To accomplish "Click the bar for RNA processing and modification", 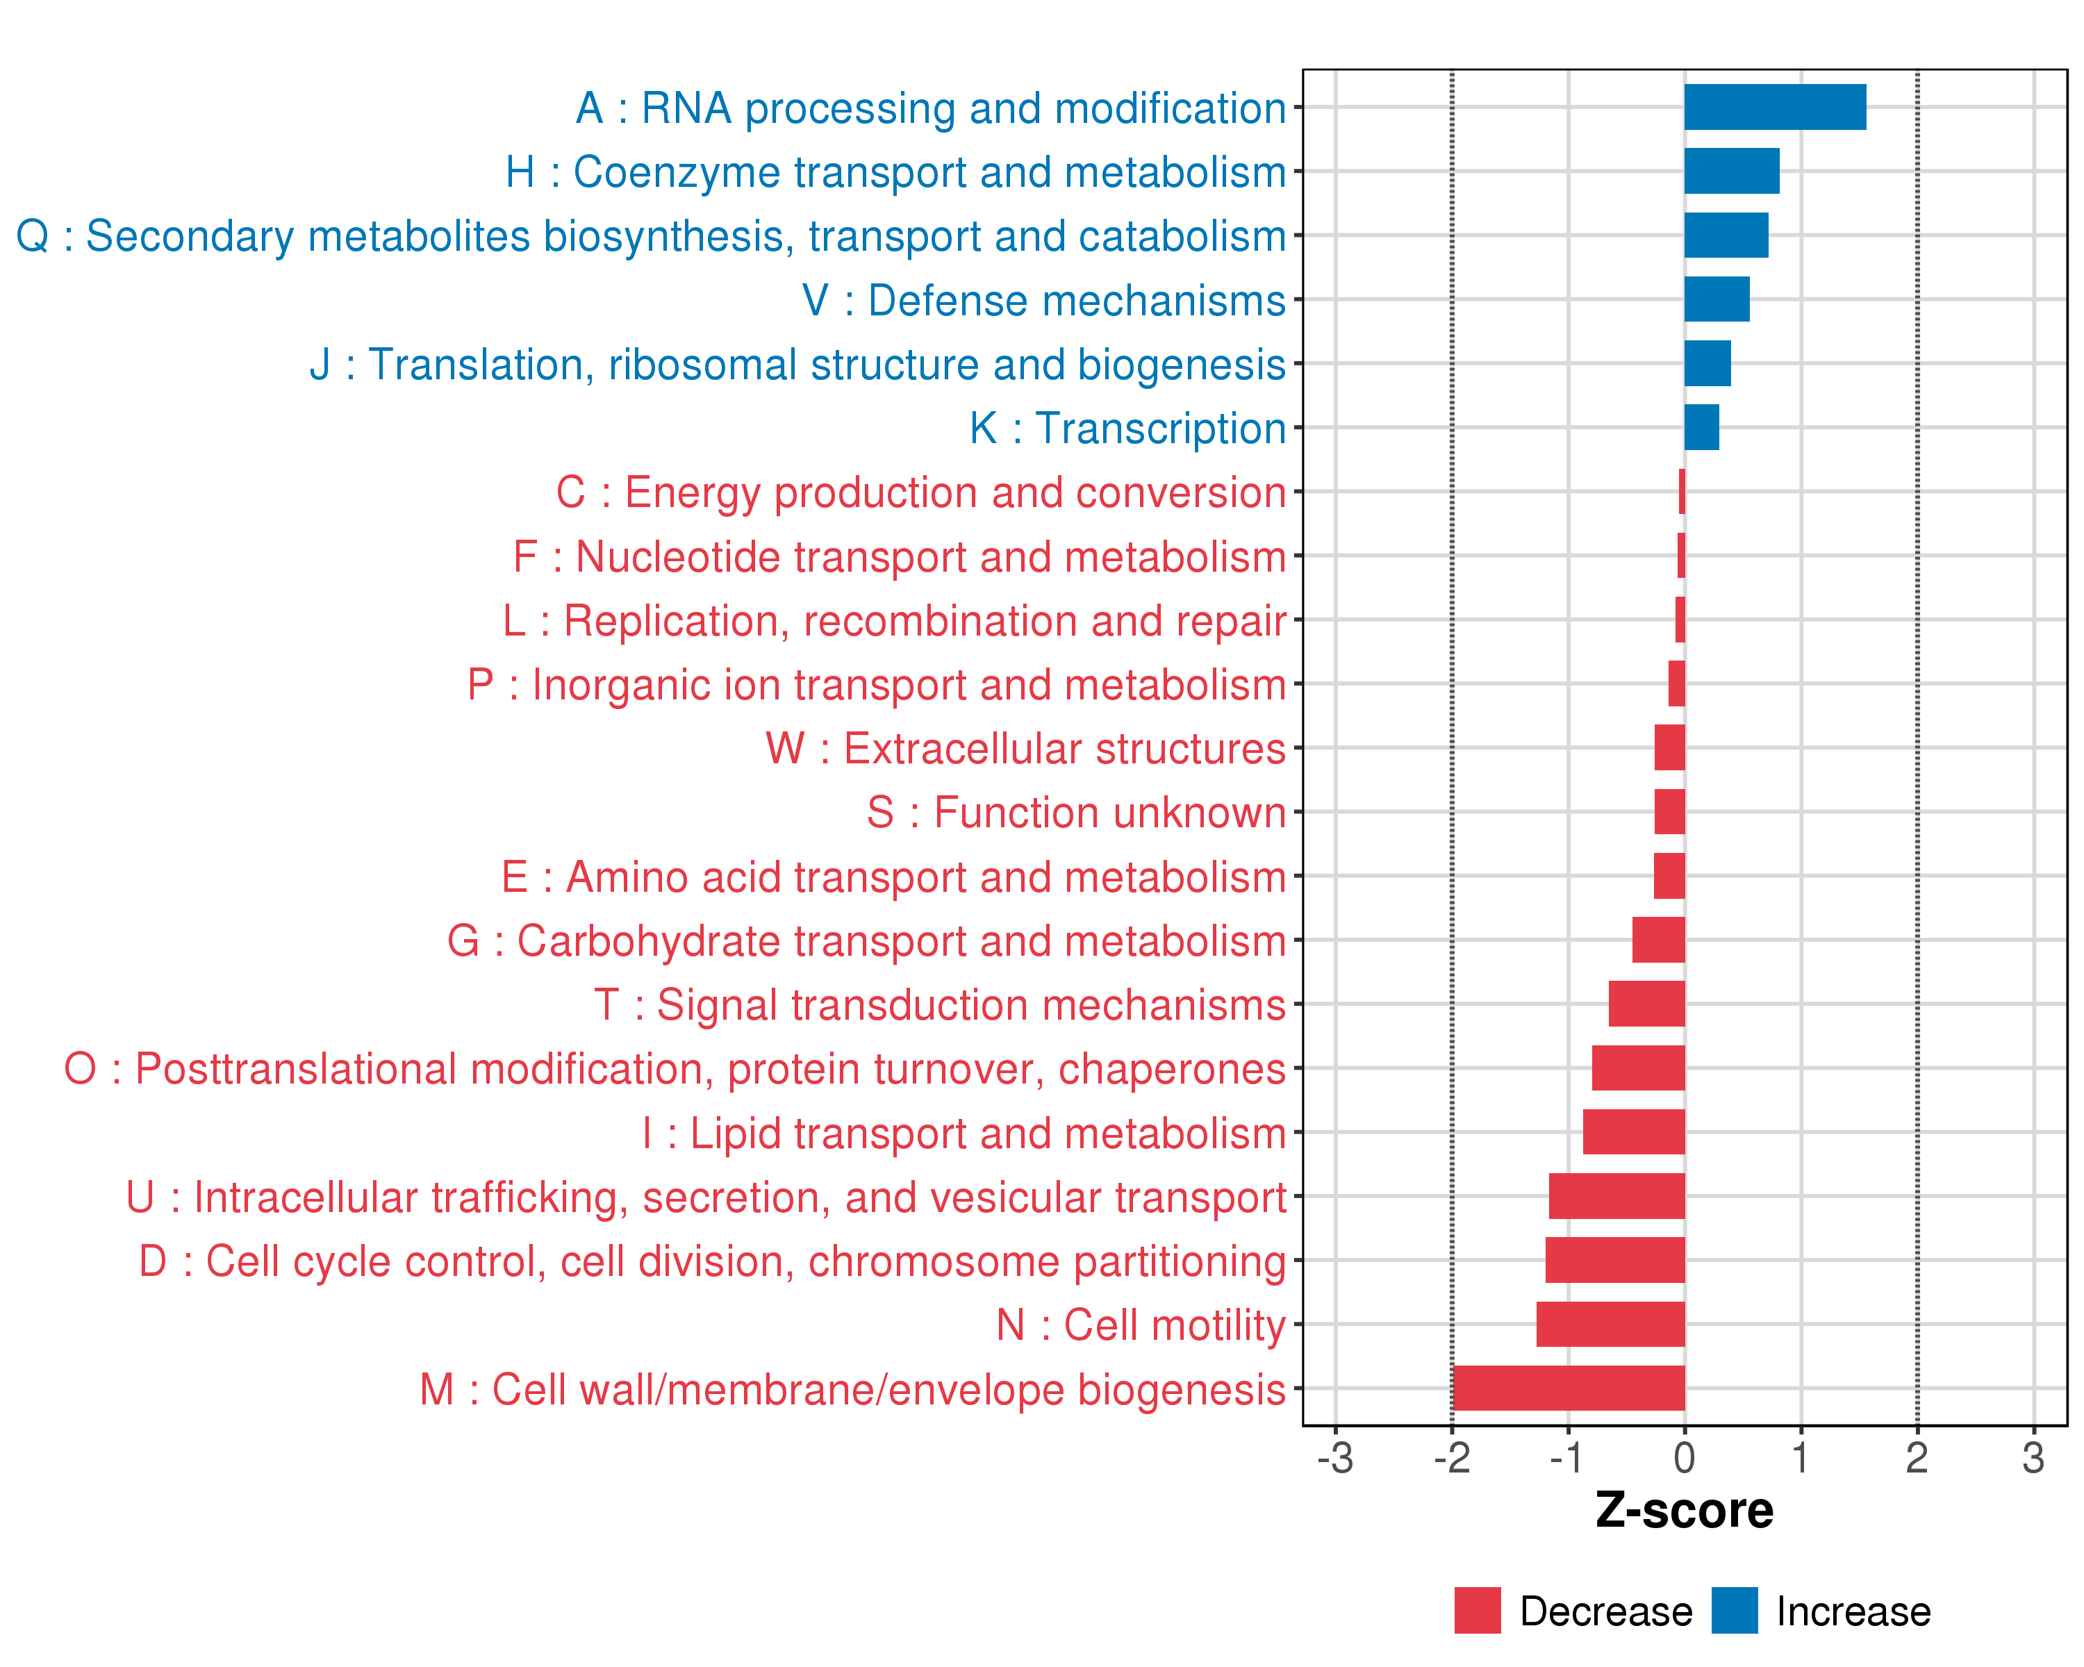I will pos(1775,107).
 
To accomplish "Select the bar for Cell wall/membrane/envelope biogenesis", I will pos(1568,1388).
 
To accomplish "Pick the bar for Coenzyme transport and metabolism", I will pos(1731,171).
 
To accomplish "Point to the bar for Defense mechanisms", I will pos(1717,299).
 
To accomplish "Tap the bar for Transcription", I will pos(1701,427).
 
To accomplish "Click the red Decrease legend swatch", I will pos(1477,1610).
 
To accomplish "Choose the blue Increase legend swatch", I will pos(1734,1610).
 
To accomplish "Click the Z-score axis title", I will pos(1684,1511).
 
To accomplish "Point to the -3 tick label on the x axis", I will pos(1335,1457).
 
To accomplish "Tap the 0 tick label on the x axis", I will pos(1684,1457).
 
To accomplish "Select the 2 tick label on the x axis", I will pos(1917,1457).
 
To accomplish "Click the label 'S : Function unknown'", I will pos(1076,813).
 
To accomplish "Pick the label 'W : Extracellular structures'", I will pos(1025,749).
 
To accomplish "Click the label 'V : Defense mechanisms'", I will pos(1044,301).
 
